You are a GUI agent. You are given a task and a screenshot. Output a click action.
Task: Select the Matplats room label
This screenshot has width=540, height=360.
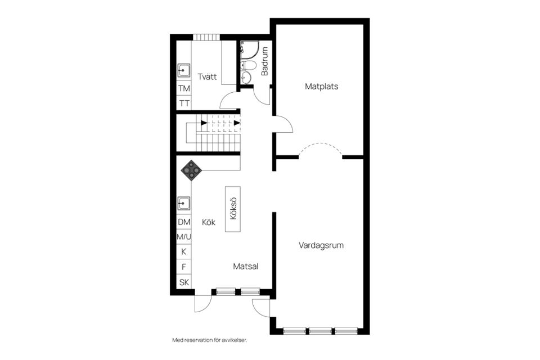click(x=321, y=87)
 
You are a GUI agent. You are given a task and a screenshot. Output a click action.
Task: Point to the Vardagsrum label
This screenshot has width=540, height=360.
click(x=321, y=245)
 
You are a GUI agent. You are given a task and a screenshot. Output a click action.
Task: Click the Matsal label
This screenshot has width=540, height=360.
click(x=246, y=267)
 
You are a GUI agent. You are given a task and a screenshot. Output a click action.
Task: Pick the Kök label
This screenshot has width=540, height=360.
click(x=209, y=222)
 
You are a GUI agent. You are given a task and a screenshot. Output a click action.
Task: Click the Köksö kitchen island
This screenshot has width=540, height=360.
click(x=233, y=209)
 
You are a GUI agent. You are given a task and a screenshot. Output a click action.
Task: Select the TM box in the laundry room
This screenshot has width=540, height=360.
click(x=184, y=88)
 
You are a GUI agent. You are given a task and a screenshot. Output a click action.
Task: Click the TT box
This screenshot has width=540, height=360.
click(x=184, y=103)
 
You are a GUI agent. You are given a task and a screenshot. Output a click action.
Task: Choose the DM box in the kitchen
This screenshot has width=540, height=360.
click(x=184, y=222)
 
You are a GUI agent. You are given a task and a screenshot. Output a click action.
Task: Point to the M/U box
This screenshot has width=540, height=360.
click(x=184, y=237)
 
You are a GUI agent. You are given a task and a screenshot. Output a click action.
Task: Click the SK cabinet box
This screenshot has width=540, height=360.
click(x=184, y=282)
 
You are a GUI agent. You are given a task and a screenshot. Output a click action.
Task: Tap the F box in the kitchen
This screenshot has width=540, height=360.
click(x=184, y=267)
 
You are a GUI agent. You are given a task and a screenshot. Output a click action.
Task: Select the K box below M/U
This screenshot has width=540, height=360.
click(x=184, y=251)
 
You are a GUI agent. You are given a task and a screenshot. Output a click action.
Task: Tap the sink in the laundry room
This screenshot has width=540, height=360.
click(x=184, y=71)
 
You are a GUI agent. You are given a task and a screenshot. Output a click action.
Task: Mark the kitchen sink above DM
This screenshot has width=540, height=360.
click(x=184, y=202)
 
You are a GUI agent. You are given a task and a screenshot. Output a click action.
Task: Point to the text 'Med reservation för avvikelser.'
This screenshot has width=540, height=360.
click(x=210, y=340)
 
